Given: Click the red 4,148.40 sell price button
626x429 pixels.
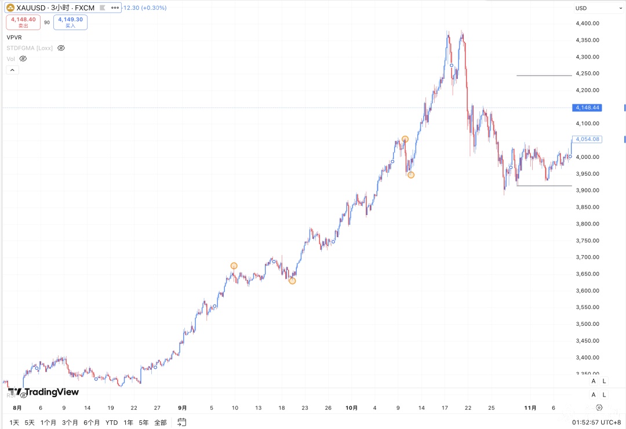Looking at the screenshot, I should tap(23, 22).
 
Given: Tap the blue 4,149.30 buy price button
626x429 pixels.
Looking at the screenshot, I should tap(70, 22).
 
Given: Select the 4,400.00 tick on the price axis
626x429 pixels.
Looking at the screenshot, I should tap(587, 23).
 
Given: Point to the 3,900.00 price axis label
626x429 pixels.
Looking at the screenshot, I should tap(587, 190).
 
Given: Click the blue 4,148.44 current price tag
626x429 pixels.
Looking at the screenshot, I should tap(588, 108).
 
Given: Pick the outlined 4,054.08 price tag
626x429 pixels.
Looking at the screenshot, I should tap(588, 139).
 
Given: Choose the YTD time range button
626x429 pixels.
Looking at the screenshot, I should tap(111, 423).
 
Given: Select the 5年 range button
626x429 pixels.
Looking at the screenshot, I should tap(143, 423).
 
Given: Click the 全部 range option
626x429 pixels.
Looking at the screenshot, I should tap(161, 423).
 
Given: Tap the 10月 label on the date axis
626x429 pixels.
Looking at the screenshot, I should tap(351, 408).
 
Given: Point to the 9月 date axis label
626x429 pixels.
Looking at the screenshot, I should tap(183, 408).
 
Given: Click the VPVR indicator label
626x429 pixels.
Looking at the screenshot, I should tap(14, 37).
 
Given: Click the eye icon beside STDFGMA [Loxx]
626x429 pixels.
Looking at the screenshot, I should tap(61, 48).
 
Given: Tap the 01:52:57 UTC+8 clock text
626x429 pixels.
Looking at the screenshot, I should tap(596, 423).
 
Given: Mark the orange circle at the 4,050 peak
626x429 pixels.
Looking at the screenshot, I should tap(405, 139).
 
